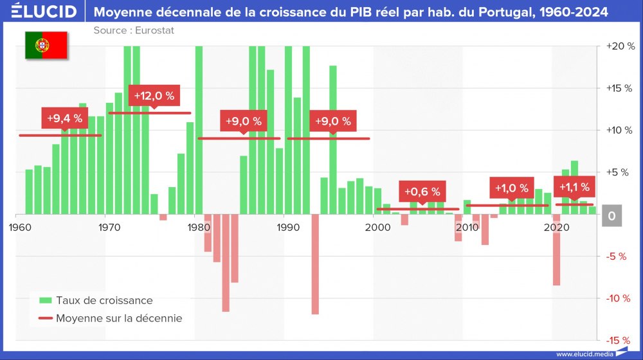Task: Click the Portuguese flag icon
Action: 46,45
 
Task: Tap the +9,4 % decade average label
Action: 64,118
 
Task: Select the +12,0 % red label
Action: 154,95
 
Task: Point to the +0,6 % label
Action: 422,192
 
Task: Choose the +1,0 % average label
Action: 511,188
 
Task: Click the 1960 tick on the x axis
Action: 19,228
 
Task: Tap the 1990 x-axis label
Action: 287,228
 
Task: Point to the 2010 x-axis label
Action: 467,228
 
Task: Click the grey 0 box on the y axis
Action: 611,217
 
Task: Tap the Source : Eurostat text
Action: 134,30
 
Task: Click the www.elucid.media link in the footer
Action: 583,354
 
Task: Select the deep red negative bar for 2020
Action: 556,249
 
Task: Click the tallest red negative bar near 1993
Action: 315,264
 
